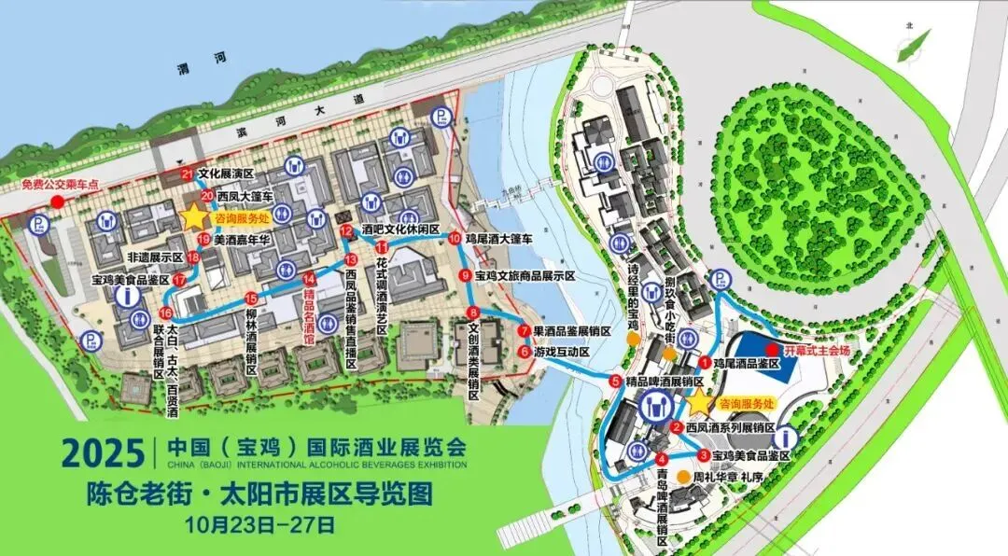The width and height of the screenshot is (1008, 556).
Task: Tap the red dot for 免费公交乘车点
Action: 57,201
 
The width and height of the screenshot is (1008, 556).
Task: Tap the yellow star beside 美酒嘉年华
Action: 194,216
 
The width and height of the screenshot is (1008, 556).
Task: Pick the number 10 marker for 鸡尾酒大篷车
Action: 455,239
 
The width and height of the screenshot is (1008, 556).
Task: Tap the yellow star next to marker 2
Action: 699,402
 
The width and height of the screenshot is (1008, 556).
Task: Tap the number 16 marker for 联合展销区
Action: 165,313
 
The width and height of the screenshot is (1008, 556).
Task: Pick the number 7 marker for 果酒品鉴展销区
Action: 525,330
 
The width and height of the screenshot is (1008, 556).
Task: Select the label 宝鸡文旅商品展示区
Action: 525,276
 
